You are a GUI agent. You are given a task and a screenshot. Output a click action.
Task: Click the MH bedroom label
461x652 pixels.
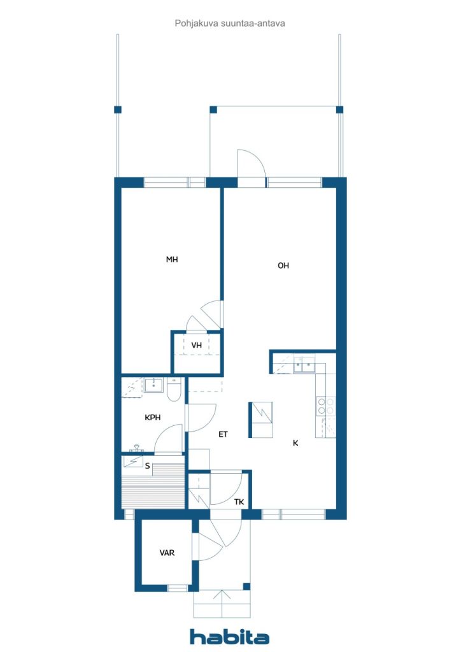coord(172,260)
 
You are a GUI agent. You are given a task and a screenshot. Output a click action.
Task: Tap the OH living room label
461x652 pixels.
coord(283,266)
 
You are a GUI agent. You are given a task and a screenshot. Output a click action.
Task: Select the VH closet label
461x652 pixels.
coord(196,345)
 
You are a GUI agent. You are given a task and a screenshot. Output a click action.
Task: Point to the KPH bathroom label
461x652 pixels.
coord(153,418)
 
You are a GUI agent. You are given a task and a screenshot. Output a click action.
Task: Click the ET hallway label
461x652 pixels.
coord(223,434)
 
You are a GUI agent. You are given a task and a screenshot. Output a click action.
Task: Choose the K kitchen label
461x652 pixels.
coord(295,443)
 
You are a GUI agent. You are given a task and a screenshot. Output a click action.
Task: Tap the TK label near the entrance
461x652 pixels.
coord(239,502)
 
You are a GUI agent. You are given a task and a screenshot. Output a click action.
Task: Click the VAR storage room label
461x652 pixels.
coord(167,553)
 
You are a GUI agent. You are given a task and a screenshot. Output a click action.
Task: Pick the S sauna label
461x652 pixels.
coord(147,465)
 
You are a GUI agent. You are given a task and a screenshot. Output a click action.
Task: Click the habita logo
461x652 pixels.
coord(229,637)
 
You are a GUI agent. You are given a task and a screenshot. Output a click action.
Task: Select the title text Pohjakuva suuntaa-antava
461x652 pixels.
coord(230,24)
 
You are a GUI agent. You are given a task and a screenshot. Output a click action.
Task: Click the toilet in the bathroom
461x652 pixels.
coord(174,389)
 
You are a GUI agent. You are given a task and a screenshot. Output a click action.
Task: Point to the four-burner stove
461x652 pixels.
coord(326,406)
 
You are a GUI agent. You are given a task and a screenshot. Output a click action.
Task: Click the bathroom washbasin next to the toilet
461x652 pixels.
coord(154,385)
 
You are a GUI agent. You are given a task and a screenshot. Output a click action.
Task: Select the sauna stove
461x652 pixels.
coord(133,462)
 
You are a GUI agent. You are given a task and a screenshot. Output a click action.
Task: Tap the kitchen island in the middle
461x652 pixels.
coord(260,420)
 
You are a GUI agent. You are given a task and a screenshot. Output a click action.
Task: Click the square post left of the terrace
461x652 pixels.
coord(118,110)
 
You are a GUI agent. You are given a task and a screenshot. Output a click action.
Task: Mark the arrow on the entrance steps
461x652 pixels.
coord(222,604)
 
